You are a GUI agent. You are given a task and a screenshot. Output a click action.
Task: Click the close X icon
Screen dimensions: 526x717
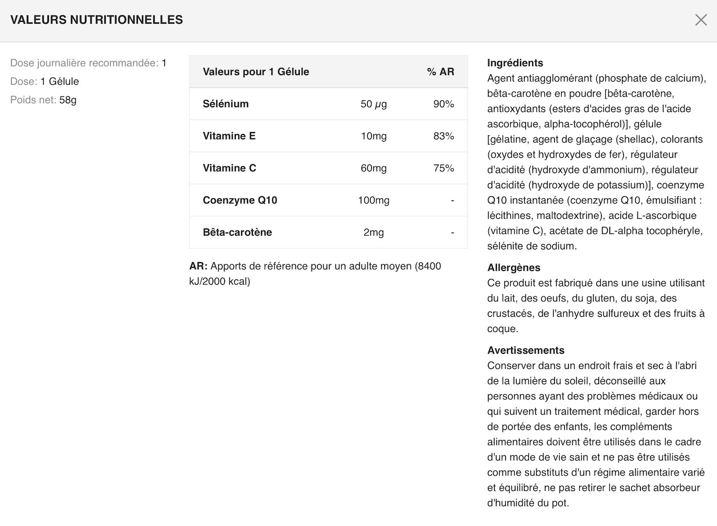pyautogui.click(x=701, y=20)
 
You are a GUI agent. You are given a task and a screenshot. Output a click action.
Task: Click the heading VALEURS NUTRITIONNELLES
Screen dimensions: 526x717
pyautogui.click(x=97, y=20)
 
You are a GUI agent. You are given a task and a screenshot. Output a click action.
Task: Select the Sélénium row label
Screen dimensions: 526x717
pyautogui.click(x=226, y=104)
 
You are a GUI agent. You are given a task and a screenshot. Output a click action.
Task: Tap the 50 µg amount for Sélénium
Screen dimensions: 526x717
pyautogui.click(x=374, y=104)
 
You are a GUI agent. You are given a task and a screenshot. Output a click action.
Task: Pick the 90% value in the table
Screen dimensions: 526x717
pyautogui.click(x=443, y=104)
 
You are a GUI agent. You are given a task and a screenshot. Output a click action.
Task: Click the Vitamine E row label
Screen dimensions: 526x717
pyautogui.click(x=229, y=136)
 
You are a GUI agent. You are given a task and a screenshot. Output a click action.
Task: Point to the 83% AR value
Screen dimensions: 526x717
pyautogui.click(x=443, y=136)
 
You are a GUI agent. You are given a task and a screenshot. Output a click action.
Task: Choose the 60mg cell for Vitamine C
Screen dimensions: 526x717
pyautogui.click(x=374, y=168)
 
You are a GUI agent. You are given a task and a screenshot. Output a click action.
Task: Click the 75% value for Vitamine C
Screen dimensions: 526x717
pyautogui.click(x=443, y=168)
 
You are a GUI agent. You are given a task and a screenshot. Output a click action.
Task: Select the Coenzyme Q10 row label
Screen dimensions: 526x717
pyautogui.click(x=240, y=200)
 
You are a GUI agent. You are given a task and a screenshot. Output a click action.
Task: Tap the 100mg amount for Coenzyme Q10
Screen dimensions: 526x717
pyautogui.click(x=374, y=200)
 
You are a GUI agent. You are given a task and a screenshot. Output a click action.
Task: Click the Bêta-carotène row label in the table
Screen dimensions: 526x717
pyautogui.click(x=237, y=232)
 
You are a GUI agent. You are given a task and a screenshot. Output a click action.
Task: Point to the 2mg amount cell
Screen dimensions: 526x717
pyautogui.click(x=374, y=232)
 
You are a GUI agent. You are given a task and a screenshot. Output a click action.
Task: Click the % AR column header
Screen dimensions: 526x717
pyautogui.click(x=440, y=72)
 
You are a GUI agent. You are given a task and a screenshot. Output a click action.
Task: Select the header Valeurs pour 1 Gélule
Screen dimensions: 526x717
pyautogui.click(x=256, y=72)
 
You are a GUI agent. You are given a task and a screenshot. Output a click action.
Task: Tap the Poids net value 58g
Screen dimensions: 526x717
pyautogui.click(x=68, y=100)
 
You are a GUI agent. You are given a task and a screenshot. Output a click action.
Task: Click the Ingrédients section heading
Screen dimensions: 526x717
pyautogui.click(x=515, y=63)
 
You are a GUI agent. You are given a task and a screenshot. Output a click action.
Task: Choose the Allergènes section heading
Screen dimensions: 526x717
pyautogui.click(x=513, y=267)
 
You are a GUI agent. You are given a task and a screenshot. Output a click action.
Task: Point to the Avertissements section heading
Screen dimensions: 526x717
pyautogui.click(x=525, y=350)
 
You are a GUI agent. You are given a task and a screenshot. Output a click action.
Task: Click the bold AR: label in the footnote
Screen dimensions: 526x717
pyautogui.click(x=198, y=266)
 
